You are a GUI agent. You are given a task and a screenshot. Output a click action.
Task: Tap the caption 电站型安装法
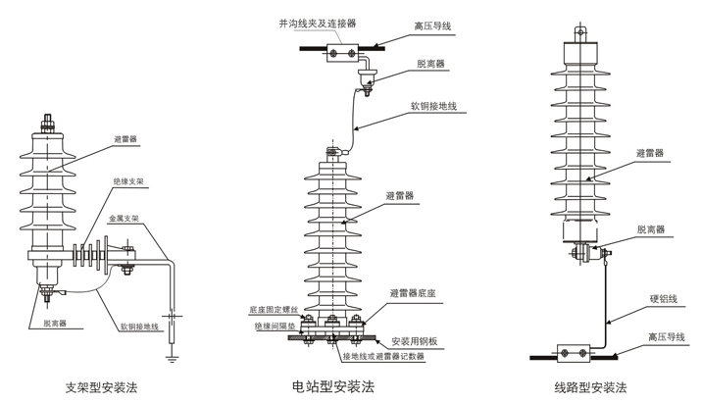point(334,385)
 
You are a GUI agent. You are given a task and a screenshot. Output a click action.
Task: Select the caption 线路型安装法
point(589,386)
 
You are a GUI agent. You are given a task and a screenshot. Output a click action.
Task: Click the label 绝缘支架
point(127,181)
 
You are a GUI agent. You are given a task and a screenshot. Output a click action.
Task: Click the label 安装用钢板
point(421,340)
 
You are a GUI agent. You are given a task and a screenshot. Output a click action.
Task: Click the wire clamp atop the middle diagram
point(343,44)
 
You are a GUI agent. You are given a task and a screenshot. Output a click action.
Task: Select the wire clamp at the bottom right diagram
point(573,352)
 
